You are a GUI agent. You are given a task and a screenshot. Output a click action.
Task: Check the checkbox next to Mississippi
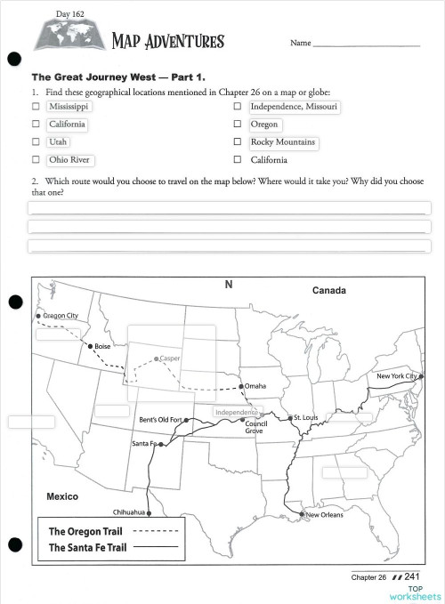click(x=36, y=107)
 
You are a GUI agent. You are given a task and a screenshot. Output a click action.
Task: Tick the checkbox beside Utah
click(x=36, y=142)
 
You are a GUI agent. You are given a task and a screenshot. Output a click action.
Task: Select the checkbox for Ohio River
click(x=36, y=160)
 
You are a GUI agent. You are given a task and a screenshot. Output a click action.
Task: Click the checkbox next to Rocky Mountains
click(x=237, y=142)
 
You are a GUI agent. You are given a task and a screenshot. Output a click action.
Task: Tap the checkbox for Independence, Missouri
click(x=237, y=107)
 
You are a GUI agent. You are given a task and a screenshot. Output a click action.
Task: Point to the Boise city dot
click(x=89, y=346)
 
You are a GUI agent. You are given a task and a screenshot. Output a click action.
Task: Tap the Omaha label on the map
click(x=255, y=386)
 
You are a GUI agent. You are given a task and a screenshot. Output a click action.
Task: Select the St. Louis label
click(x=305, y=417)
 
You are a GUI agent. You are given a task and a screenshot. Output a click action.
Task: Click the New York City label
click(x=397, y=376)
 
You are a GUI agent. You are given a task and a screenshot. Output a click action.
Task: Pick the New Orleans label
click(x=325, y=515)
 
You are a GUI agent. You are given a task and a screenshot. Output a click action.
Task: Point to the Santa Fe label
click(x=143, y=443)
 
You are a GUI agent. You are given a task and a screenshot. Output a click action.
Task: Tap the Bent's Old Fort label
click(x=160, y=420)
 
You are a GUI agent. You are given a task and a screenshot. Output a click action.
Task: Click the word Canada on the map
click(x=328, y=291)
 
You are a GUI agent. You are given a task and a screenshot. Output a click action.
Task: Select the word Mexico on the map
click(x=62, y=496)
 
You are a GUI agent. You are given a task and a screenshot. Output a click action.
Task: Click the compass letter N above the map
click(x=228, y=285)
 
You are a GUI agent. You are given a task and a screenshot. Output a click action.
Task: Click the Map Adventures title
click(x=167, y=41)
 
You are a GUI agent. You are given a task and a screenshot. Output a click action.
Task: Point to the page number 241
click(x=411, y=577)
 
